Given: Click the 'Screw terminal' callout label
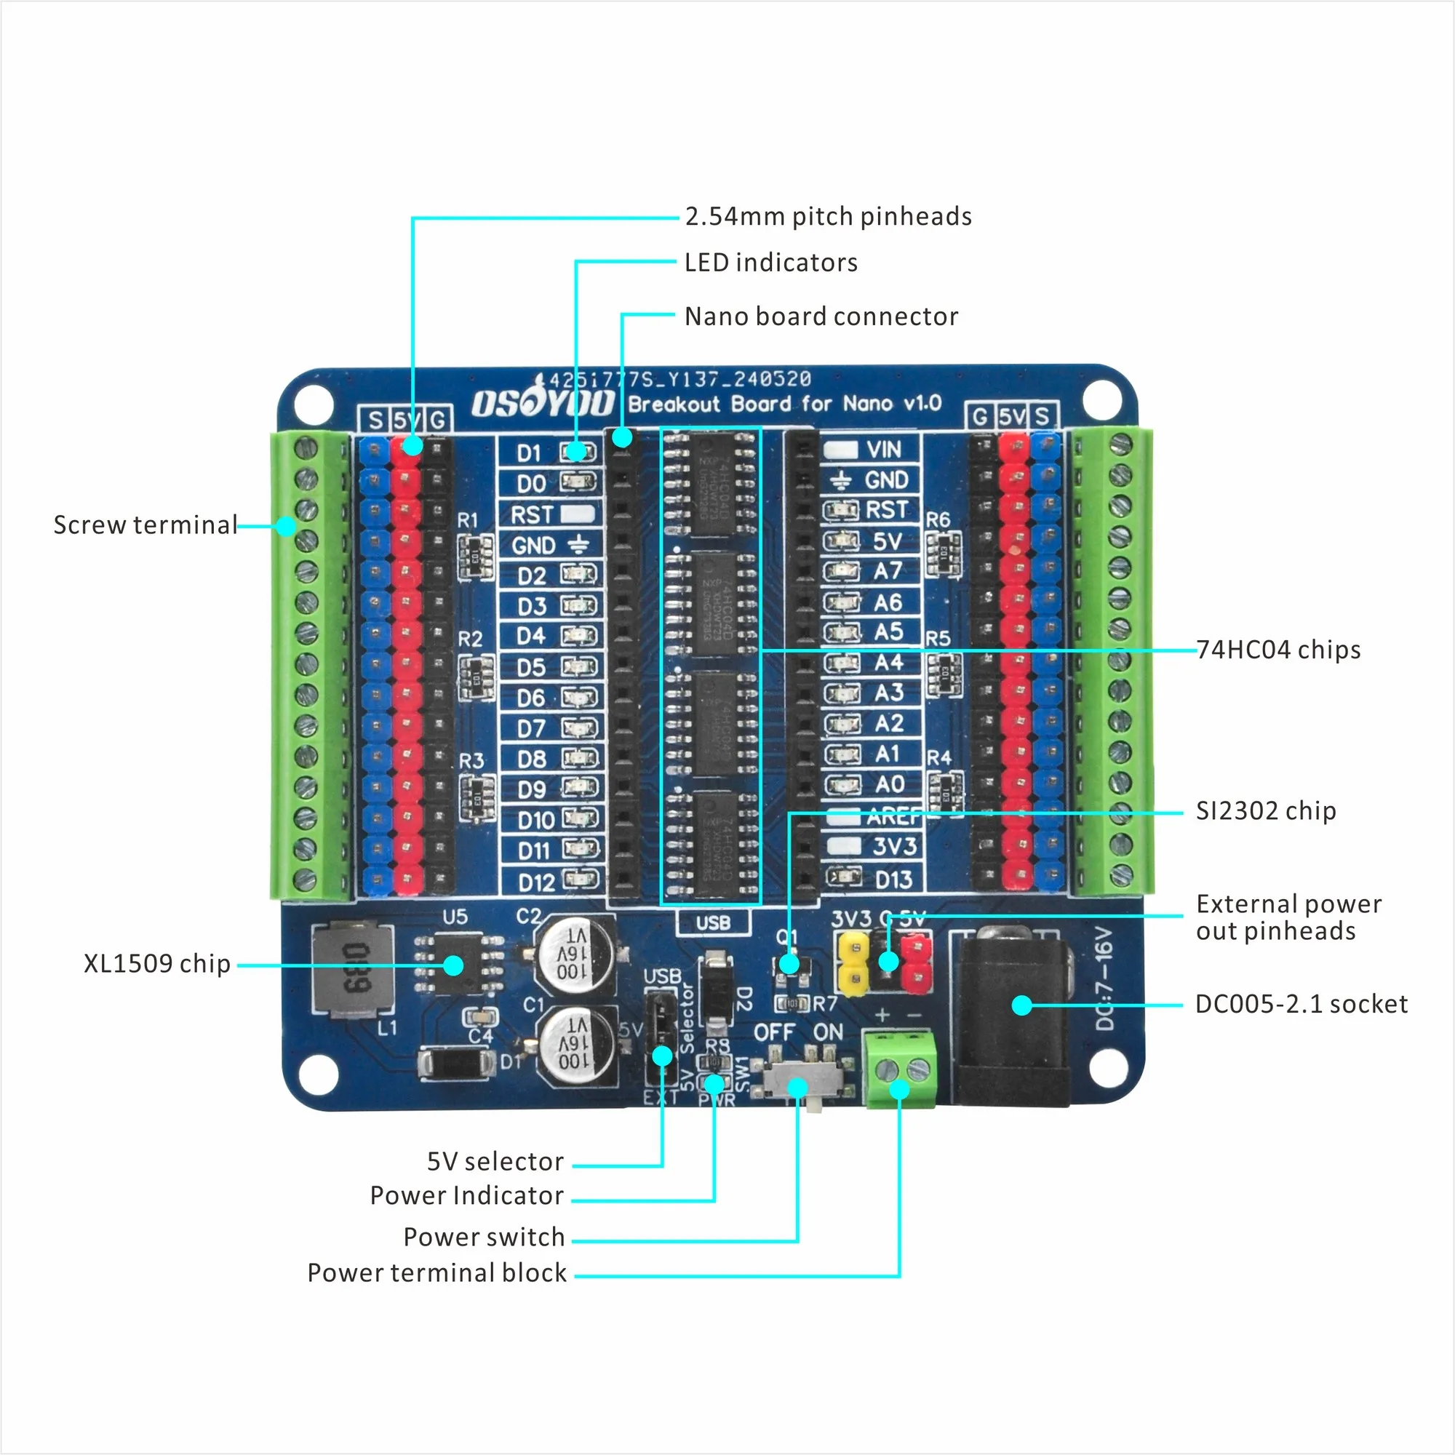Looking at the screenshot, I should [145, 525].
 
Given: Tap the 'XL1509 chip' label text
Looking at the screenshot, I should [156, 963].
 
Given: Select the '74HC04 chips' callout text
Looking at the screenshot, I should [1278, 650].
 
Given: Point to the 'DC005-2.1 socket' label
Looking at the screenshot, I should [1301, 1004].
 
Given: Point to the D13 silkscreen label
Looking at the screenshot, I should [893, 880].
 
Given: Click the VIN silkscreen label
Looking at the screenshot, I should [883, 450].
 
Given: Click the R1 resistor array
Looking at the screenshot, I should [476, 557].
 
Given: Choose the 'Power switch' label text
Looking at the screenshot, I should [484, 1237].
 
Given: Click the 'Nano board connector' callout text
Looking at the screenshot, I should [821, 316].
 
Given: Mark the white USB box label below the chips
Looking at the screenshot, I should [713, 922].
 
